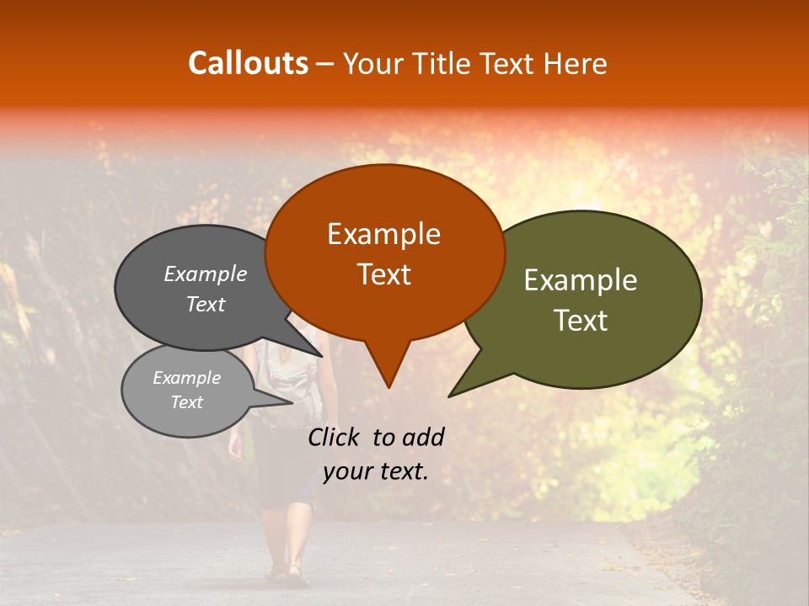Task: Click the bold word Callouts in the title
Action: [x=248, y=63]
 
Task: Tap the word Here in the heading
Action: [x=576, y=63]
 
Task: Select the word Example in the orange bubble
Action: [x=383, y=234]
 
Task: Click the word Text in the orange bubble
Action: [x=383, y=274]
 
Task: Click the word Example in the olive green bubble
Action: [x=581, y=280]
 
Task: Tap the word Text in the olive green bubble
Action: [x=581, y=321]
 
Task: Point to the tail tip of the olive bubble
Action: [x=452, y=395]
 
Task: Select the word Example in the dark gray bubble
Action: [x=205, y=274]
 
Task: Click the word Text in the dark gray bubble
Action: [x=205, y=304]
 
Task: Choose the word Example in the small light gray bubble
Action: [x=186, y=378]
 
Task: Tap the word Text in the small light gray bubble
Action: [x=186, y=402]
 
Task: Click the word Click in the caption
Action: [x=334, y=437]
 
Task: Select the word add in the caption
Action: [x=424, y=437]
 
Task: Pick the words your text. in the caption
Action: [x=376, y=471]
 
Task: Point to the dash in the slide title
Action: [x=326, y=64]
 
